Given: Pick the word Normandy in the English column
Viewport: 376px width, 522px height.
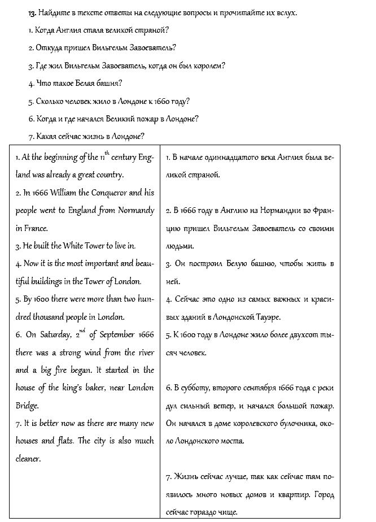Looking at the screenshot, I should pyautogui.click(x=136, y=211).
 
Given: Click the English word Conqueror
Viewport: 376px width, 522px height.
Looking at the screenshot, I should pyautogui.click(x=105, y=193).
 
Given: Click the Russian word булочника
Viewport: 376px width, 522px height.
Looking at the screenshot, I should pyautogui.click(x=296, y=423).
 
